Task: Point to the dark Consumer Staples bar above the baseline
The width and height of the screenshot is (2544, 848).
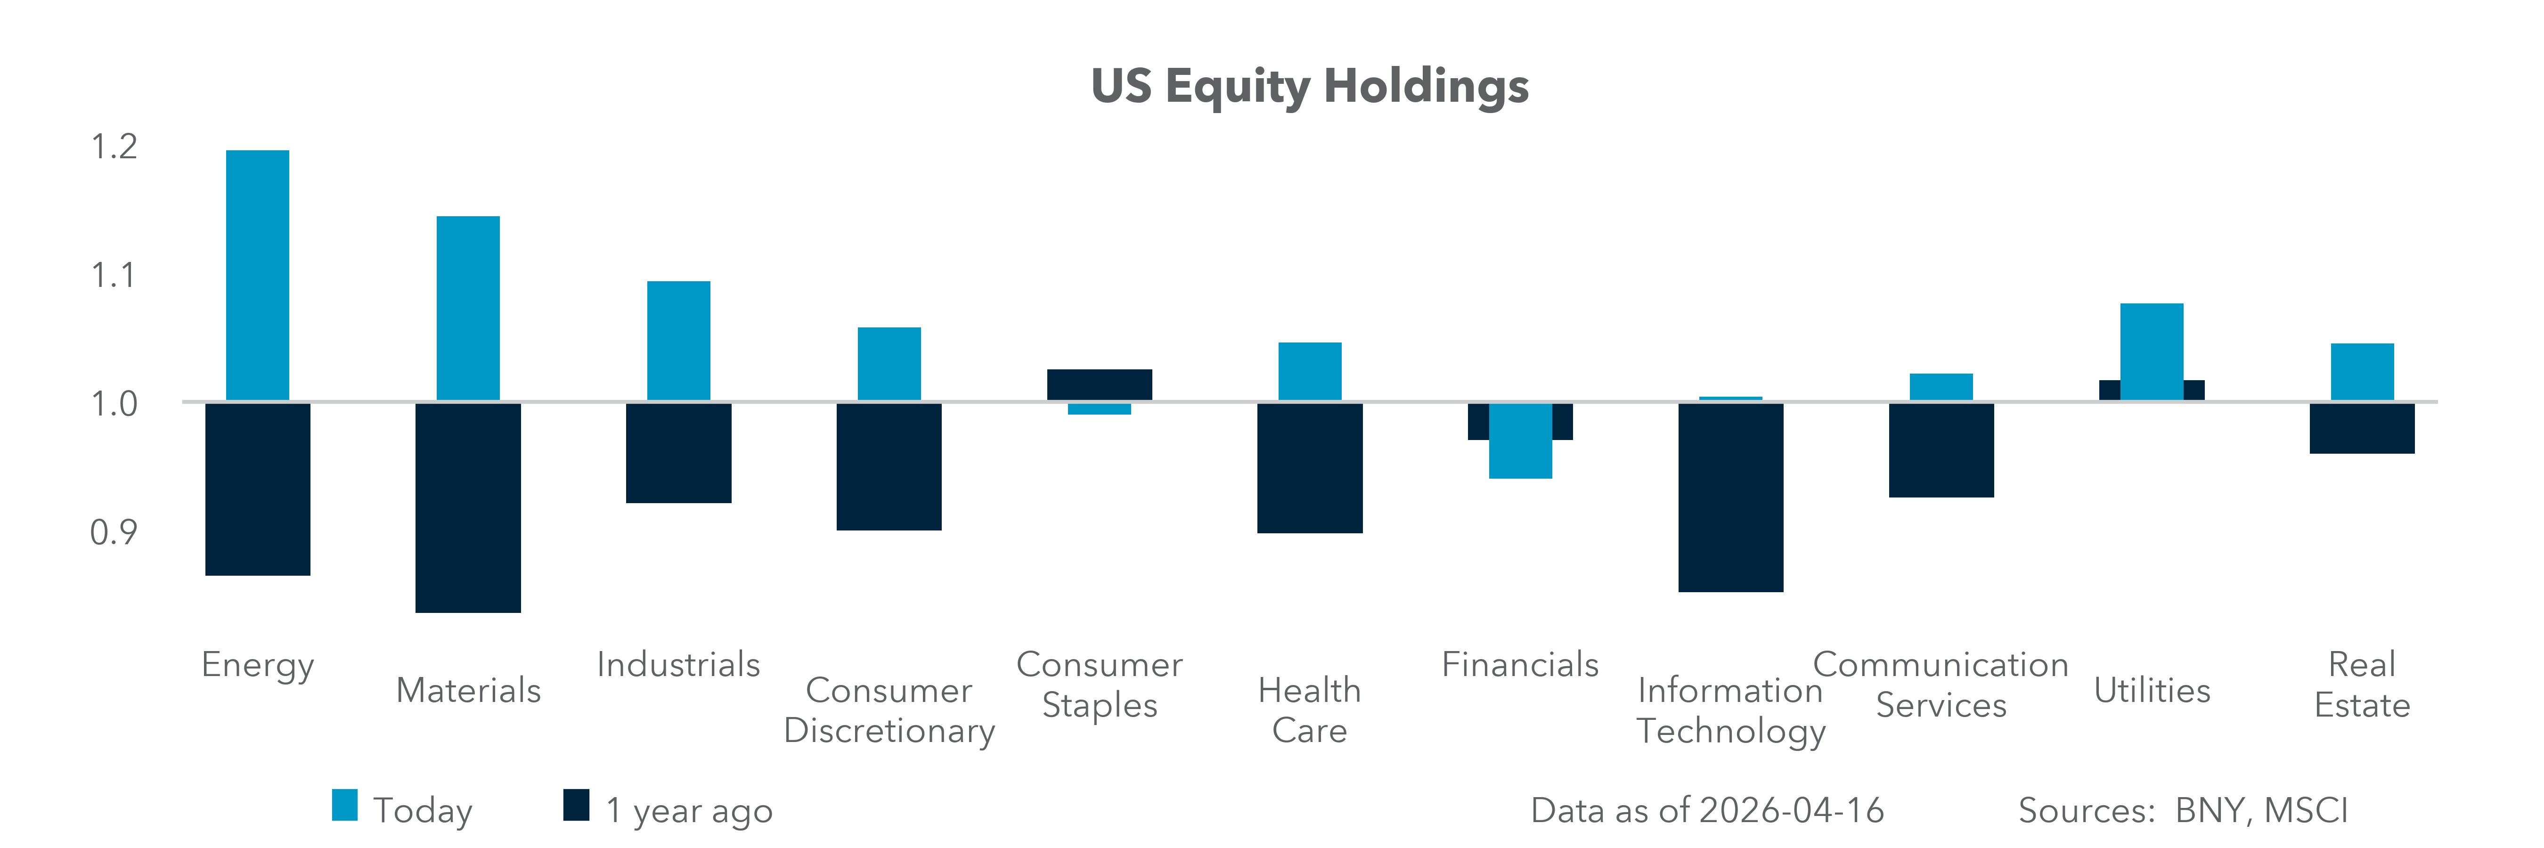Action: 1099,384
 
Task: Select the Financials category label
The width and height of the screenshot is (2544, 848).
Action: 1520,664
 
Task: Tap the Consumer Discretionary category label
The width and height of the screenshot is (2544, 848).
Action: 889,710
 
